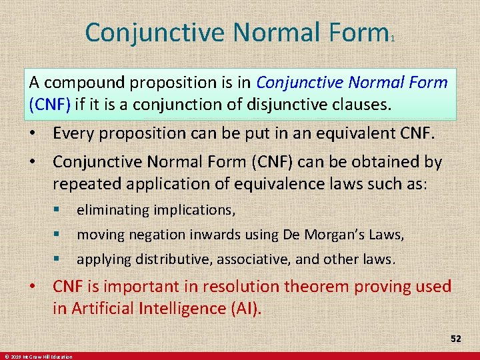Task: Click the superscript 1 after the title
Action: click(x=393, y=39)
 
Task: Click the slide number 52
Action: click(x=455, y=339)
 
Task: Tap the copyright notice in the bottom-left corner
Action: click(x=39, y=357)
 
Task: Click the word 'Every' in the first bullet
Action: click(x=75, y=133)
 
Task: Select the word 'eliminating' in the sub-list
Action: click(x=113, y=210)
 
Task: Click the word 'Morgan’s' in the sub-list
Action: click(x=349, y=235)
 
